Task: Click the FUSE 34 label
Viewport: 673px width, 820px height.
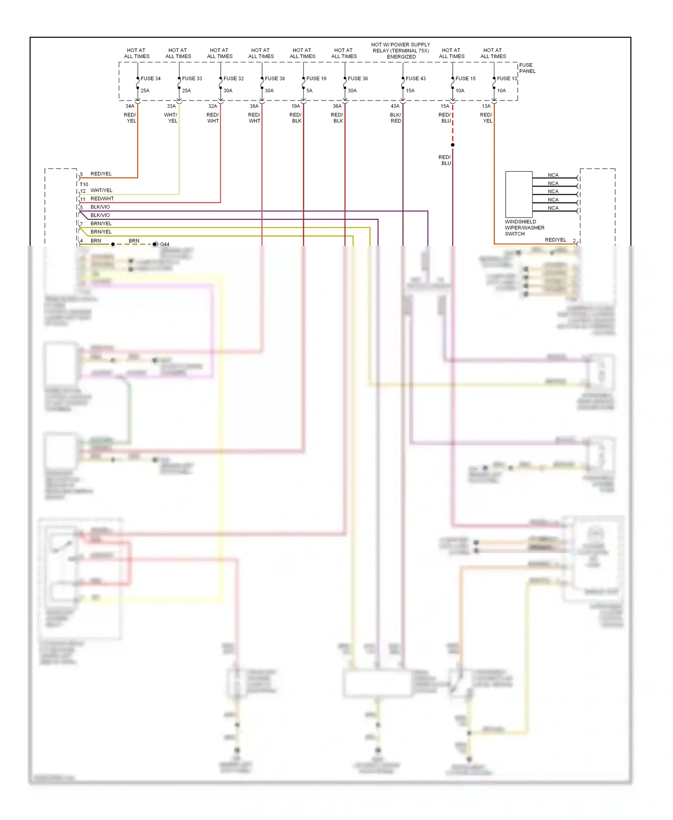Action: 150,79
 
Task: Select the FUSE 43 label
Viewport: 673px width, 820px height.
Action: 415,79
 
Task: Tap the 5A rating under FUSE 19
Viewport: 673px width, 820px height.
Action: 309,91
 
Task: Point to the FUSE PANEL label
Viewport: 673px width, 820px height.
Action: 527,68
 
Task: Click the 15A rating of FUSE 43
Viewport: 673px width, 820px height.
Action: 410,91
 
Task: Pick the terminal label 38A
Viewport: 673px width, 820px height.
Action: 254,106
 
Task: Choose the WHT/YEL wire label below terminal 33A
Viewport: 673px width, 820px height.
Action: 171,118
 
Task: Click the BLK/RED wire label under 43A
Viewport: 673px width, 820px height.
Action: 396,118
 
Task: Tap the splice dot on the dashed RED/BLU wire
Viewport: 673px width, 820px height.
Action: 453,145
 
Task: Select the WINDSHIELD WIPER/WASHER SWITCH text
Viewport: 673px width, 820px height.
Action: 524,228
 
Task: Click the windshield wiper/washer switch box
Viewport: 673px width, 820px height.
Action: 519,194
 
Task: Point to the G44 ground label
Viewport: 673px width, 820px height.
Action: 165,244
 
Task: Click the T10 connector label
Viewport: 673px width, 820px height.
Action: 84,184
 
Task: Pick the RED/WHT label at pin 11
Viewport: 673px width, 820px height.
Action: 102,199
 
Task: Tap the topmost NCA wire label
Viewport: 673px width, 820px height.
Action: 553,175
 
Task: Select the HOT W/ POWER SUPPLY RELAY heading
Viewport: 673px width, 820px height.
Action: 401,51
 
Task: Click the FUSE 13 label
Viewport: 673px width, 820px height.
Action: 507,79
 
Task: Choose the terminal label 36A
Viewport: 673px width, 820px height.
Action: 337,106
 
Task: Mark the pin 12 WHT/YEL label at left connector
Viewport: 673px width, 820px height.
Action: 101,191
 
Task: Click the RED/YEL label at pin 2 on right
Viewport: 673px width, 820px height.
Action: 555,240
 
